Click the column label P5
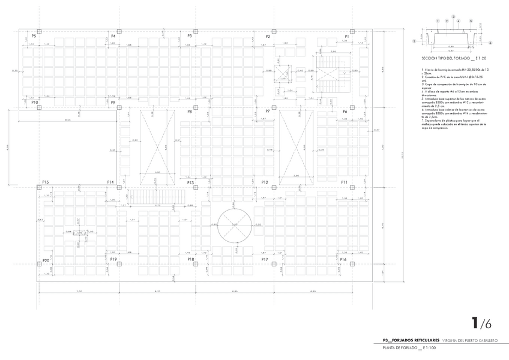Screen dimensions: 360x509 34,37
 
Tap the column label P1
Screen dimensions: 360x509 347,37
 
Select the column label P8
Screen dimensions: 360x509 190,112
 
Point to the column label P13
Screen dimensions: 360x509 190,182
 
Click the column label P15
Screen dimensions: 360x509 45,182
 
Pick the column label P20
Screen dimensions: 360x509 46,260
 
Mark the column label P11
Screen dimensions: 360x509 344,182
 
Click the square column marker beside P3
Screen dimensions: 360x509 196,30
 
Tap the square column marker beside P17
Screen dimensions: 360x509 274,264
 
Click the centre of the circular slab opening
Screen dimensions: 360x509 235,225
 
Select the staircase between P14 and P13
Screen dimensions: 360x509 157,196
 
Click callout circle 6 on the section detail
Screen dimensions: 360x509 490,43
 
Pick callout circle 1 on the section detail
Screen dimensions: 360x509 415,42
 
